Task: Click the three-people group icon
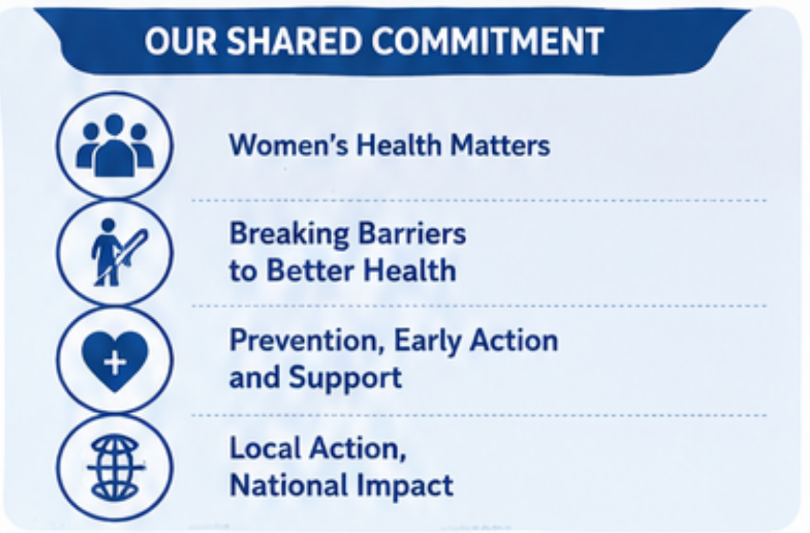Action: tap(115, 145)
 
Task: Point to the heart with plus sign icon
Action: tap(115, 361)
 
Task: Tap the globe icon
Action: tap(115, 468)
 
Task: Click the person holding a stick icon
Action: tap(117, 252)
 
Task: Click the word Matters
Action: tap(500, 145)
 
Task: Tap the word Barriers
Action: tap(411, 233)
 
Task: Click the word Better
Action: tap(310, 270)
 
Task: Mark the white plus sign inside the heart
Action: tap(115, 362)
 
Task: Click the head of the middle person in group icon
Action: tap(115, 124)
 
